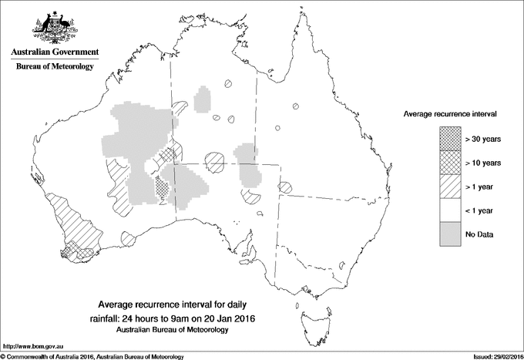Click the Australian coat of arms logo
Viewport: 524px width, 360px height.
click(54, 25)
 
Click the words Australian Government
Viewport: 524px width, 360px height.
click(54, 52)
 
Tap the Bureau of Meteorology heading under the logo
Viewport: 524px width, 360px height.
click(54, 66)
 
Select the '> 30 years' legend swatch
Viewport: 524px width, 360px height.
click(450, 140)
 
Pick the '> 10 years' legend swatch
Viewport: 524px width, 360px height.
click(450, 163)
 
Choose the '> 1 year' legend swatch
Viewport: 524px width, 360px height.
click(450, 186)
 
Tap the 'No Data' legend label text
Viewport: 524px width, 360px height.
click(479, 233)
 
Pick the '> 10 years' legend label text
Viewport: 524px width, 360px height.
click(483, 163)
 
